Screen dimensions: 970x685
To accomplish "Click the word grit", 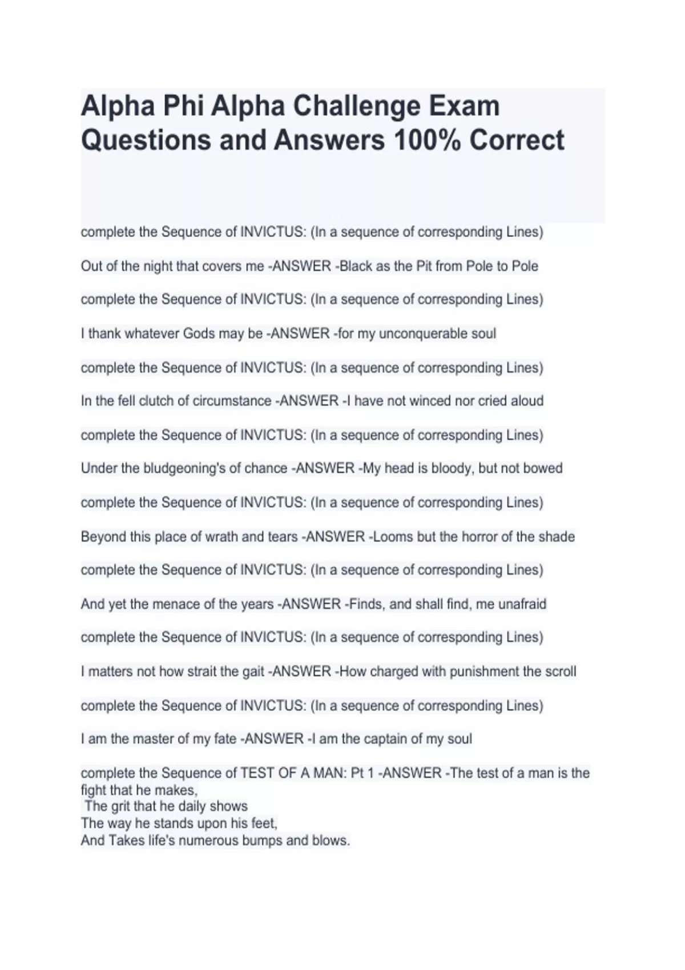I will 123,806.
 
